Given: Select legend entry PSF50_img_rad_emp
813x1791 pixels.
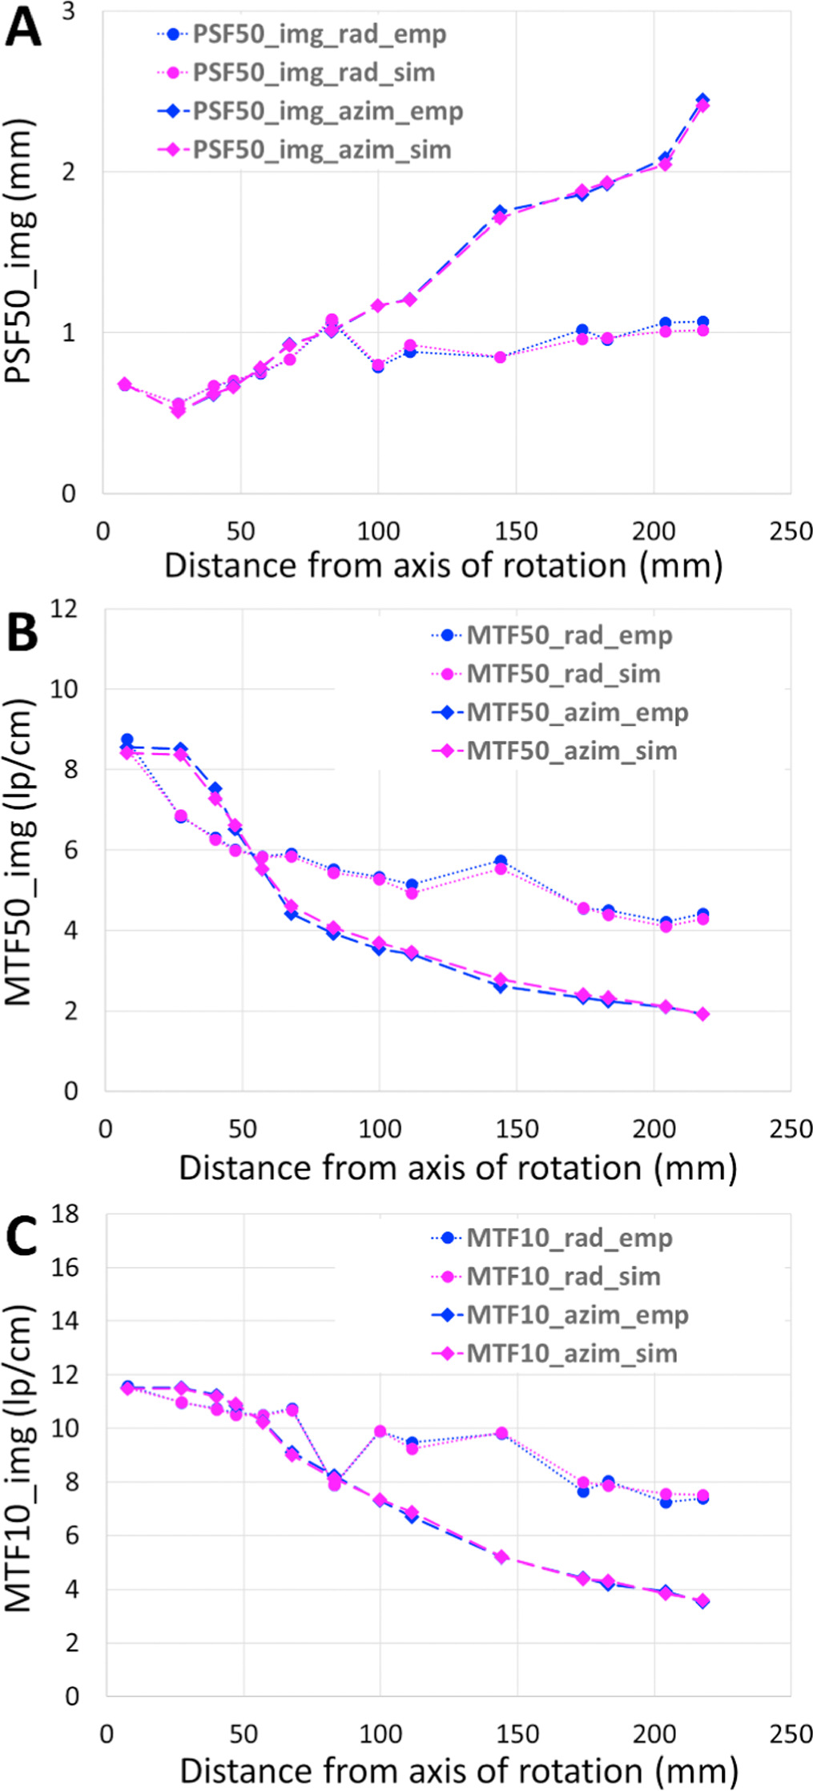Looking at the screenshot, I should [x=319, y=34].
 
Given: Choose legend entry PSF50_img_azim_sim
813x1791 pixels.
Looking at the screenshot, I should [x=321, y=150].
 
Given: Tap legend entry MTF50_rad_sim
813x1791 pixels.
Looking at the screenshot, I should [x=563, y=674].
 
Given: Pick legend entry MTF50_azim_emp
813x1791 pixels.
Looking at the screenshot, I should [x=577, y=712].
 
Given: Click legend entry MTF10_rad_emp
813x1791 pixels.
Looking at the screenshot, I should [x=569, y=1238].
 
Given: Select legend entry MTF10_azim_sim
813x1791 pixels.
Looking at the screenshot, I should [x=571, y=1353].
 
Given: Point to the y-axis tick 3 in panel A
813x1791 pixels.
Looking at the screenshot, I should [x=68, y=11].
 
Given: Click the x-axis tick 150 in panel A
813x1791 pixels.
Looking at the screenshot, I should [x=516, y=531].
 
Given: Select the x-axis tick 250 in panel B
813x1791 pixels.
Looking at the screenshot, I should [x=790, y=1129].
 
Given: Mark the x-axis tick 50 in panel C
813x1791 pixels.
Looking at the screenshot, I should [x=243, y=1734].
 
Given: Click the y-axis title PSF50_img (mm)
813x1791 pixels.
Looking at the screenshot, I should [x=19, y=252].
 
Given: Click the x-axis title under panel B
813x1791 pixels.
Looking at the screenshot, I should [x=457, y=1168].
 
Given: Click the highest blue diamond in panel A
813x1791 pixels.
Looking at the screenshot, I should [x=702, y=100].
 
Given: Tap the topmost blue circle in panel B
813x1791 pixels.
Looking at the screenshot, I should [x=127, y=739].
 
